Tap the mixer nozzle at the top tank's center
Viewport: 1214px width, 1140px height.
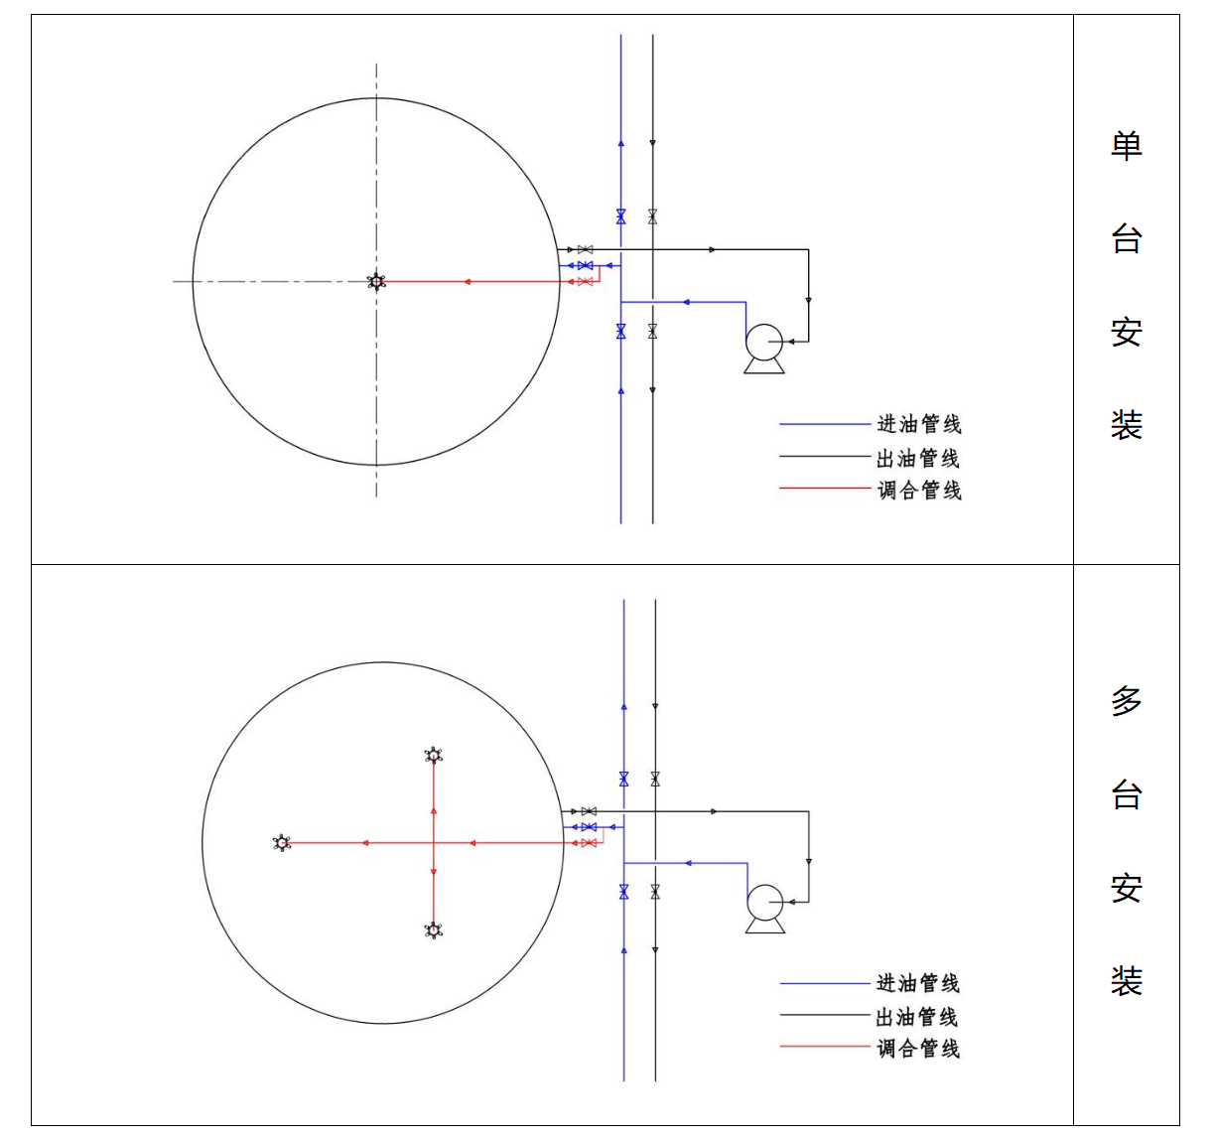coord(376,281)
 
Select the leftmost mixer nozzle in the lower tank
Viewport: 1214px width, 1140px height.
coord(282,843)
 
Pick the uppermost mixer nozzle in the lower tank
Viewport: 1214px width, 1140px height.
coord(434,756)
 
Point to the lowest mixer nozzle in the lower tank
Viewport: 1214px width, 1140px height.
coord(434,930)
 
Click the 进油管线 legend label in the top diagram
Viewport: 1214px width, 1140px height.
coord(919,424)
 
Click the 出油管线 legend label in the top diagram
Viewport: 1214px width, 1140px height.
coord(918,458)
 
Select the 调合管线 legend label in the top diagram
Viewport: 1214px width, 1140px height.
coord(919,490)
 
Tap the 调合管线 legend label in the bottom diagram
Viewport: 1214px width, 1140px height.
coord(918,1049)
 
